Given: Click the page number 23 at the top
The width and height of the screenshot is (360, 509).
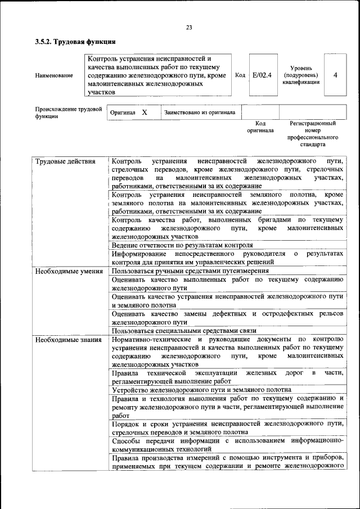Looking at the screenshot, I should (189, 28).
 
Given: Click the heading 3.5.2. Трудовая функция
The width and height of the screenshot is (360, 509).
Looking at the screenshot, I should (75, 41).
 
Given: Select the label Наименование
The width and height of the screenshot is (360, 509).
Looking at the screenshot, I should (54, 75).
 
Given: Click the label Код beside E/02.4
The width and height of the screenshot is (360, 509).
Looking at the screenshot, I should (240, 75).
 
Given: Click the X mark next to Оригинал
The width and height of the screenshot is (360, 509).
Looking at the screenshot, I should (145, 112).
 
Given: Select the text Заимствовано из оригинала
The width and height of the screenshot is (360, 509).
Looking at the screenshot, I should (200, 112).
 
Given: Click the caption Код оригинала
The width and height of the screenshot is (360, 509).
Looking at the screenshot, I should (260, 127).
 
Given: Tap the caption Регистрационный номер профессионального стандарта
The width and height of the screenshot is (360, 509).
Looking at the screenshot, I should (313, 134).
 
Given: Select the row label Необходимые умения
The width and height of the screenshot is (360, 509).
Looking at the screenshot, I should (68, 271).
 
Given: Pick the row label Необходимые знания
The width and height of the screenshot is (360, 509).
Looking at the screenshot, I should (68, 339).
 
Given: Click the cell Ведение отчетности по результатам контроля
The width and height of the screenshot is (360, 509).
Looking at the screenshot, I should (182, 245).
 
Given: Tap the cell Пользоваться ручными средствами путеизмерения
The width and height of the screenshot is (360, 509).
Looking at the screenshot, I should (190, 271).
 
